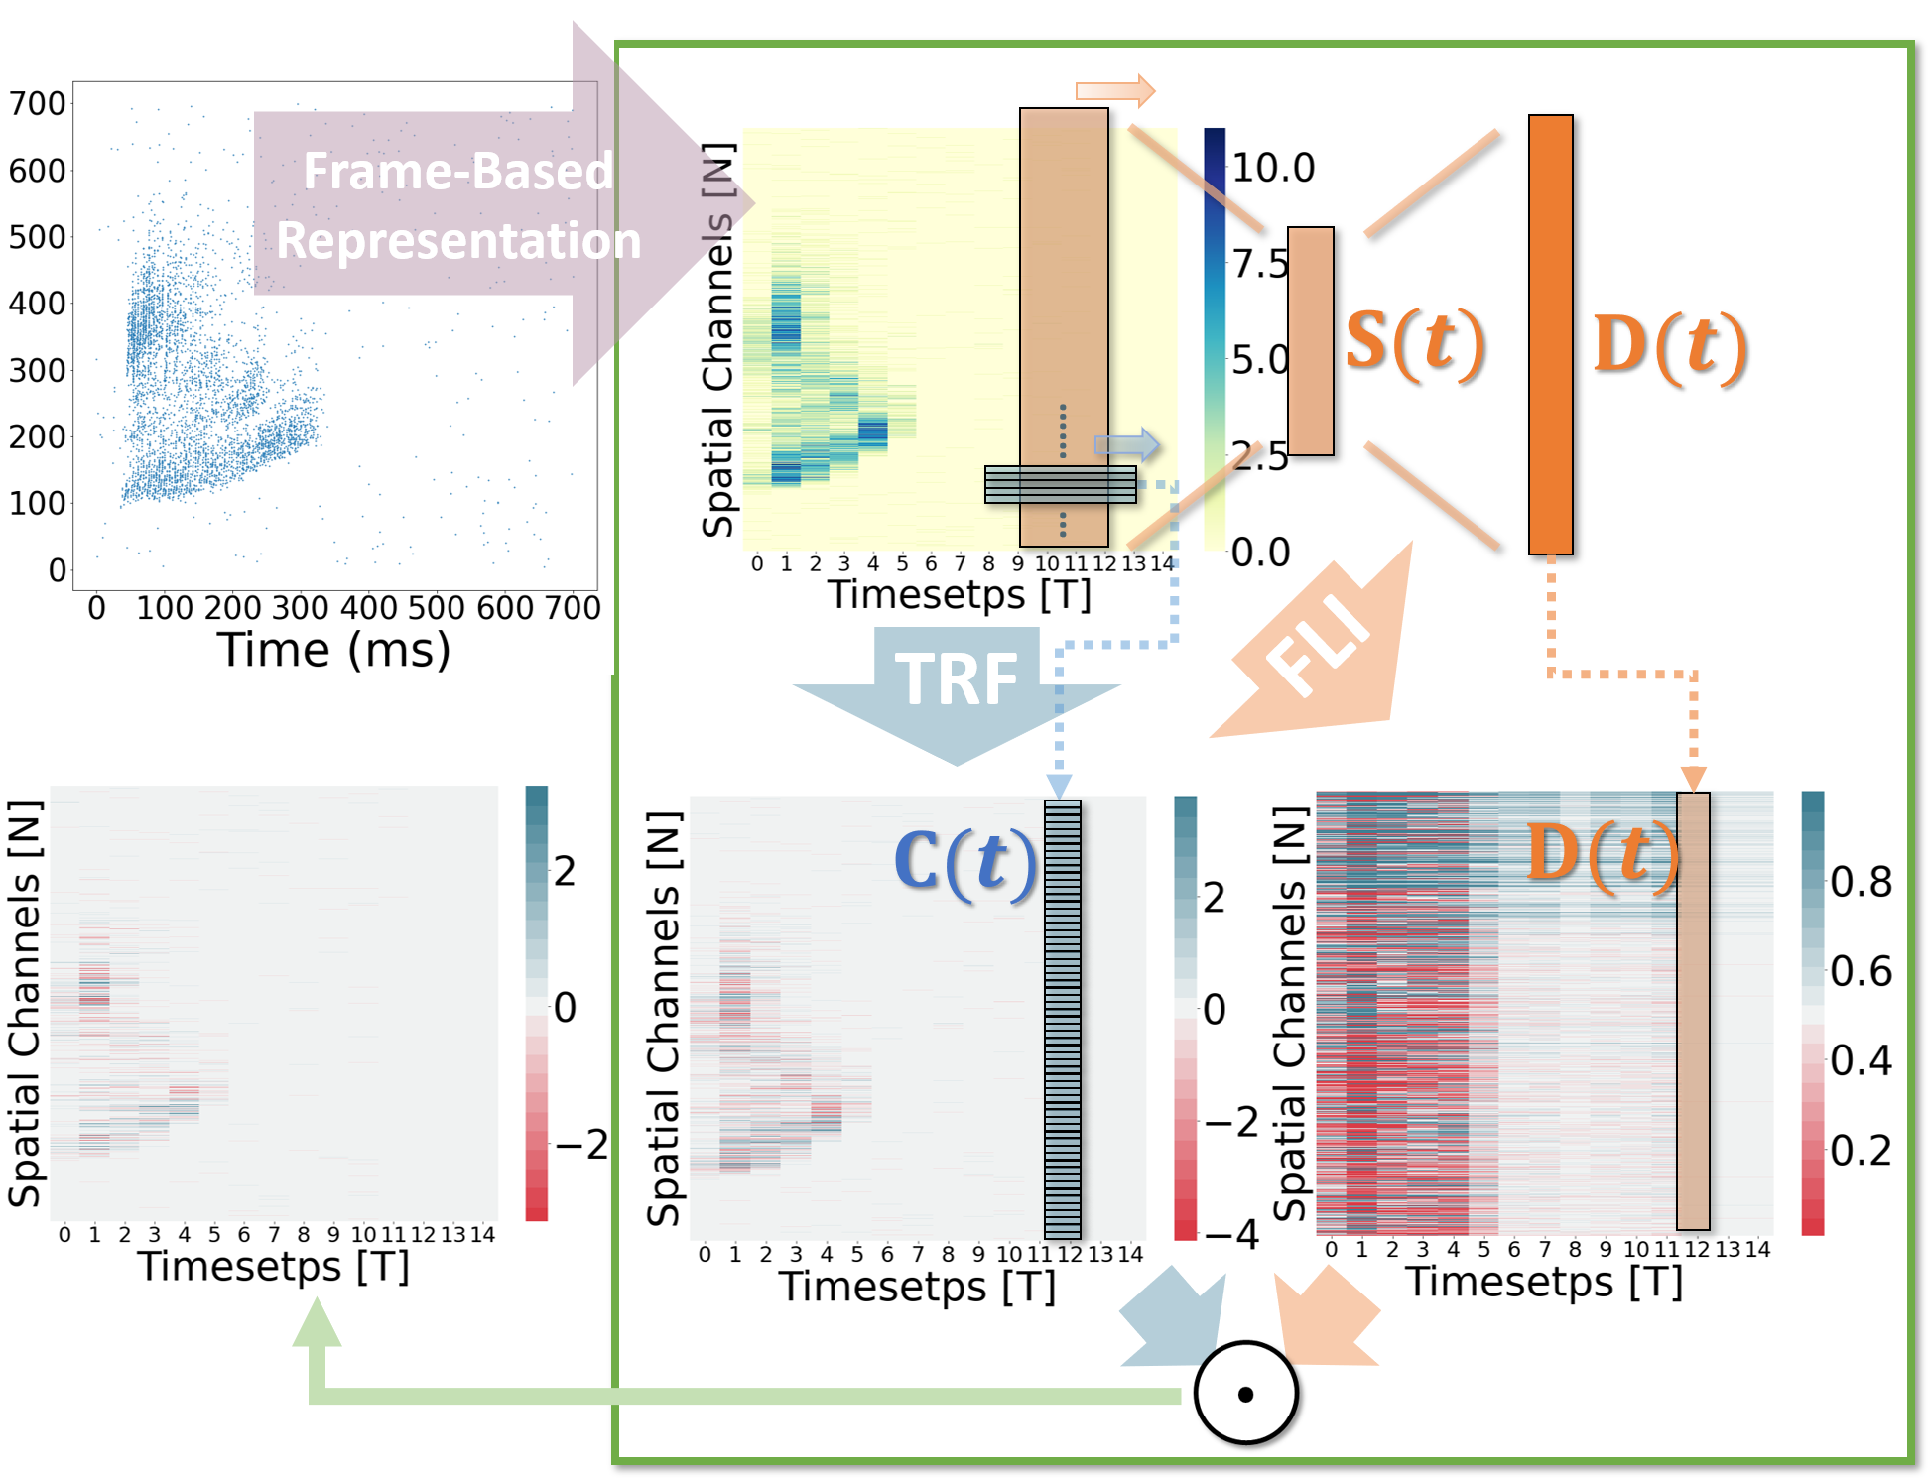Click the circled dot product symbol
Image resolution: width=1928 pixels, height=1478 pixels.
click(x=1245, y=1393)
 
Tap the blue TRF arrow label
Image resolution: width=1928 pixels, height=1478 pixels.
click(x=957, y=680)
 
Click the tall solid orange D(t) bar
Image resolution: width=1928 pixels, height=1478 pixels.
click(x=1550, y=334)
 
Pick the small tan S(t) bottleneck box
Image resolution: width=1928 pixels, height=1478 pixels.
click(x=1310, y=341)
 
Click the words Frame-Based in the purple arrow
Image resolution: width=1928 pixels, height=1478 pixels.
click(x=457, y=171)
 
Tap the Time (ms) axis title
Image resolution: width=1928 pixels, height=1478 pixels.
click(x=333, y=651)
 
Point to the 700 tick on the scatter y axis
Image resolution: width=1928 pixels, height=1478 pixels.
click(x=37, y=103)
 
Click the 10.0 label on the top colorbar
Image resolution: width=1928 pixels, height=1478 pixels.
click(x=1273, y=168)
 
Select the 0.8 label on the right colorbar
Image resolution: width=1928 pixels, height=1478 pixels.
click(x=1861, y=882)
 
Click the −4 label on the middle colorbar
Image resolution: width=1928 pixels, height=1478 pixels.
click(x=1231, y=1235)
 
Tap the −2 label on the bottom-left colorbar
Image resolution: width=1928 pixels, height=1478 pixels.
click(x=580, y=1144)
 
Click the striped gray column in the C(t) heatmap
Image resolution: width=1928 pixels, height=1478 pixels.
click(x=1062, y=1019)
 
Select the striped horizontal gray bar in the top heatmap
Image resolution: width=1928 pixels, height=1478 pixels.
click(x=1060, y=485)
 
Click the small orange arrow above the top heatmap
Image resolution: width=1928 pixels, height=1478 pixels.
click(x=1115, y=91)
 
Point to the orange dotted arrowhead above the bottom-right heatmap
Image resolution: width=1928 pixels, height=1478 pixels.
click(x=1693, y=778)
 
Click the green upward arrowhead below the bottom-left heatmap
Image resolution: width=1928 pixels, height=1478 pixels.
click(x=317, y=1324)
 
